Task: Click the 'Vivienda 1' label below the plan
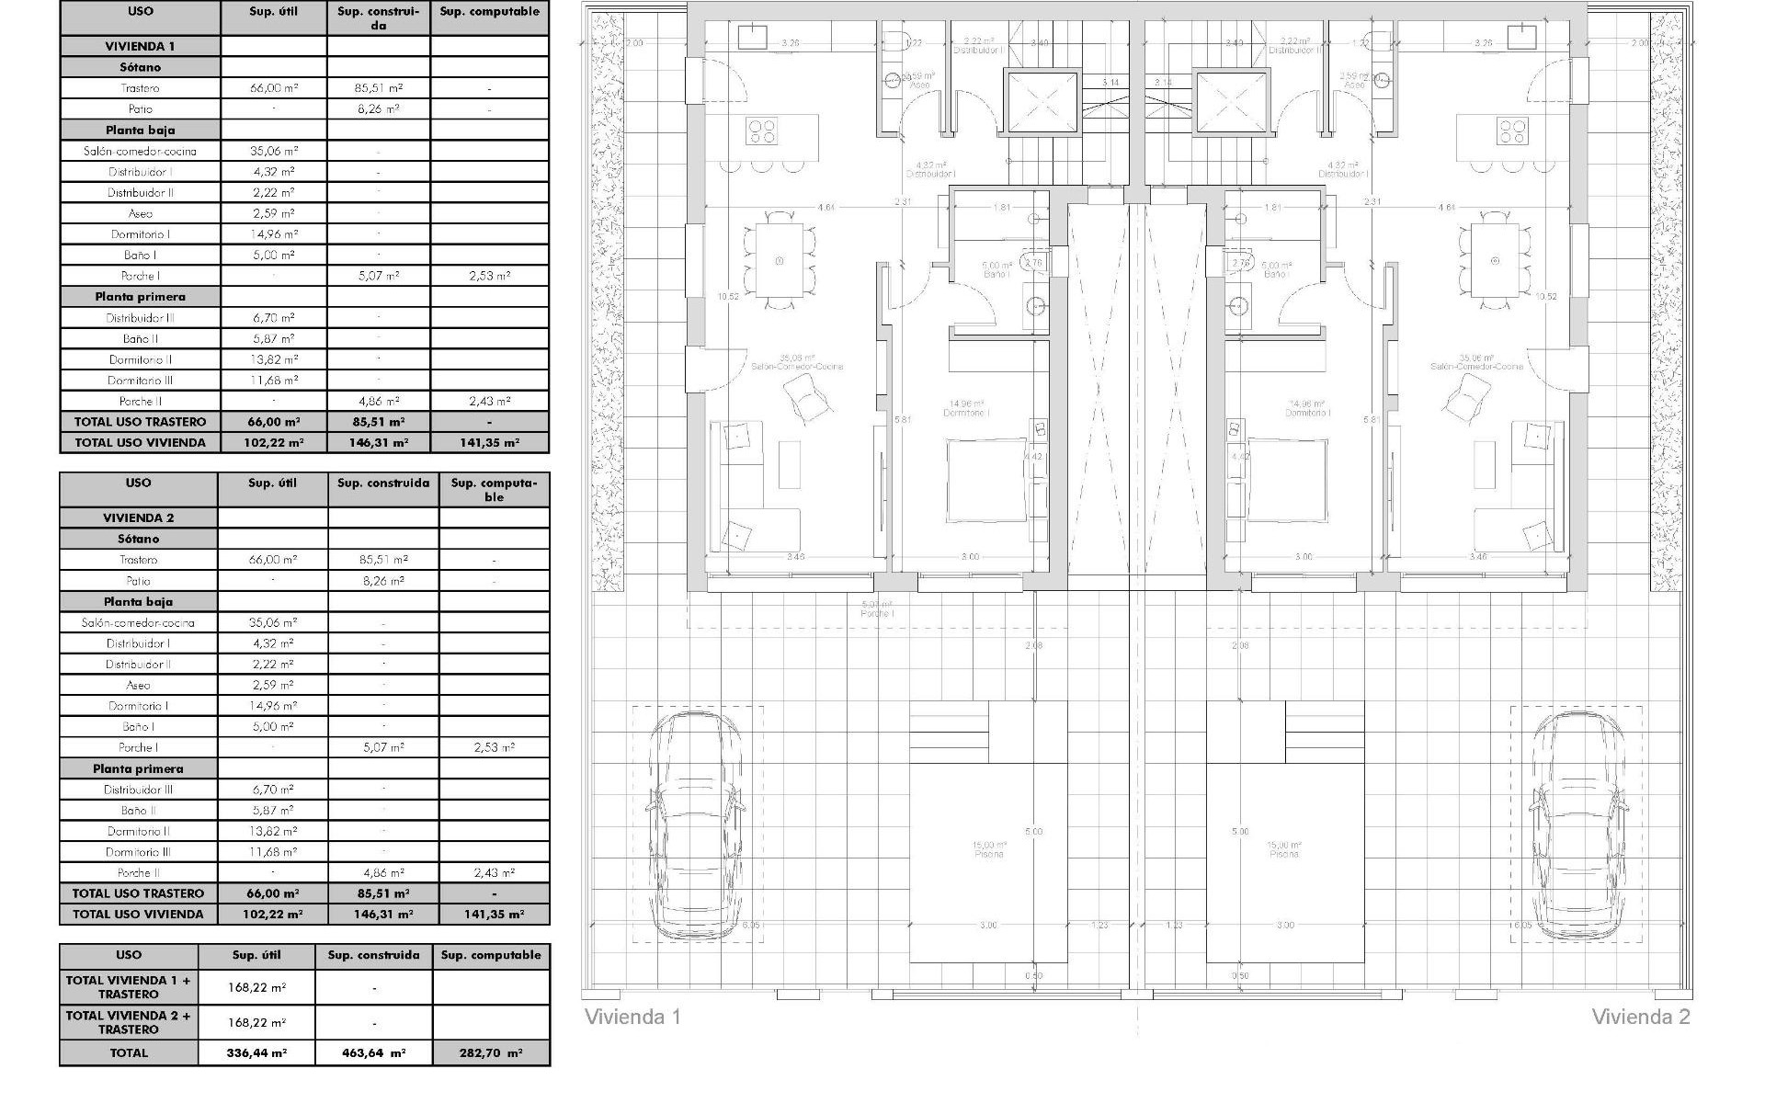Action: point(632,1017)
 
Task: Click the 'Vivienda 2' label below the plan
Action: point(1640,1017)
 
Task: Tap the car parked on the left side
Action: point(696,824)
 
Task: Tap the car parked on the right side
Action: point(1576,824)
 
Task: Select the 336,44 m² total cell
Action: point(256,1053)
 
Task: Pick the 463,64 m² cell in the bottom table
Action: point(373,1053)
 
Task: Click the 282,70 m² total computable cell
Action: point(491,1053)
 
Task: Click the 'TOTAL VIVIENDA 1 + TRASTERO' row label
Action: point(129,987)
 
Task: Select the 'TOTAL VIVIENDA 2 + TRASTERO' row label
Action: point(129,1022)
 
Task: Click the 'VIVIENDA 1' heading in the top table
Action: point(140,46)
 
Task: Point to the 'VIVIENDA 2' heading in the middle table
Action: point(138,517)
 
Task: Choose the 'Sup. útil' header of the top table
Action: point(273,12)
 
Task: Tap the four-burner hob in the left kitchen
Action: point(762,131)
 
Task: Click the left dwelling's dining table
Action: point(780,260)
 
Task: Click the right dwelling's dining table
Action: point(1495,260)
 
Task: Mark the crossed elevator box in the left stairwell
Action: point(1041,101)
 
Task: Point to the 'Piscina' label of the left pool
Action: point(989,854)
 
